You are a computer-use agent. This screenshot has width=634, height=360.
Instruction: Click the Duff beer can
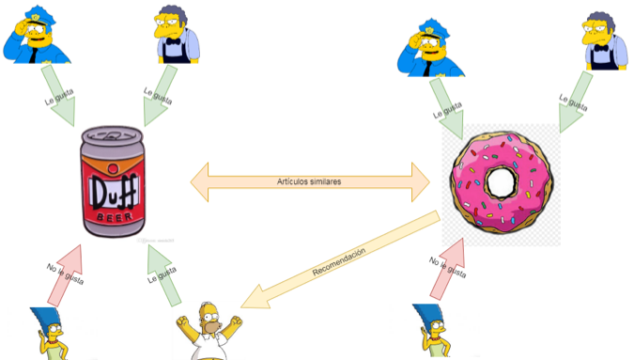112,183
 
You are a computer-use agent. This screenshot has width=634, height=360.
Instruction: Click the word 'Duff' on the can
113,194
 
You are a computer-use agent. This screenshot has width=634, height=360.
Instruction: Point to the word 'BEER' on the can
114,214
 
